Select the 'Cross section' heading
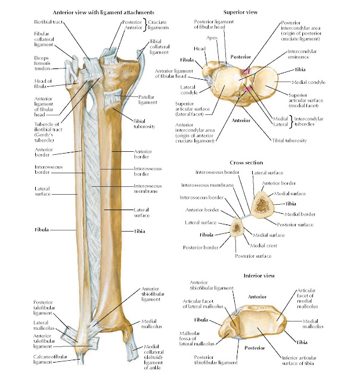point(246,162)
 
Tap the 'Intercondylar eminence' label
point(304,55)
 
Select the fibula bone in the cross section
point(237,227)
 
